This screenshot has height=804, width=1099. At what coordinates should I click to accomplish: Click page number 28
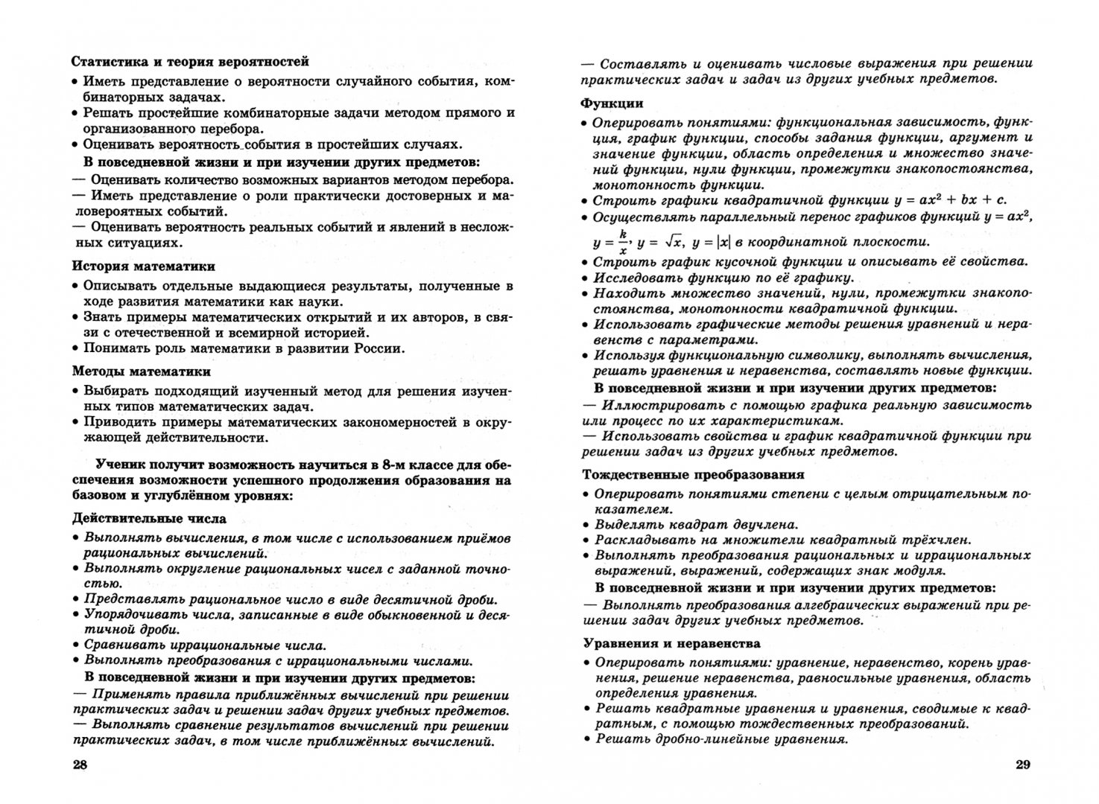click(79, 766)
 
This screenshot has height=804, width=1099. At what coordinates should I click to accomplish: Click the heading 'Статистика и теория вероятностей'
click(190, 62)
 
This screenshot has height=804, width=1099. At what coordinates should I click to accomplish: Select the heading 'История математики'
click(144, 266)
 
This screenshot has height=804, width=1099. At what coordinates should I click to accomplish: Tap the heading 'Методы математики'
click(141, 371)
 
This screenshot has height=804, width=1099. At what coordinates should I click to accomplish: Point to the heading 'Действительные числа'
click(149, 519)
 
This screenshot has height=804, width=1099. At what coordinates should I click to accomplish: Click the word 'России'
click(378, 348)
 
